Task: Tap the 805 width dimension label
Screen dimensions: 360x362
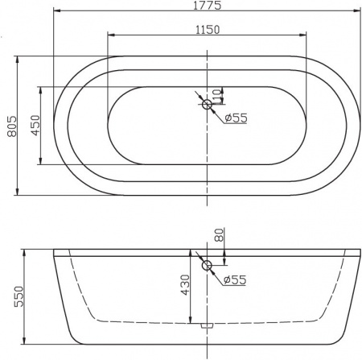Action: (x=10, y=126)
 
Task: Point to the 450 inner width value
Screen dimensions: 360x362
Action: (x=35, y=126)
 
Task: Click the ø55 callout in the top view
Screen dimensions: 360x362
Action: (x=236, y=118)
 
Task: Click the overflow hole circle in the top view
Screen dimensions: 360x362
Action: (x=207, y=104)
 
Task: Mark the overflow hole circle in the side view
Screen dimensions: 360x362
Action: (x=207, y=265)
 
